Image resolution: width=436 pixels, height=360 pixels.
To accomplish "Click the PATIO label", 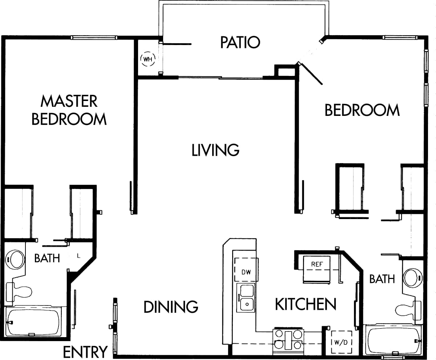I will tap(240, 42).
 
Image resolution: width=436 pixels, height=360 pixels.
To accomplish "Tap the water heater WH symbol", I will tap(148, 58).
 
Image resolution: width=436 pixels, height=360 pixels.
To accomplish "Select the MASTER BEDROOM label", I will tap(69, 110).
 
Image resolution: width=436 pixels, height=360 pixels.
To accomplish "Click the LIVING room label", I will tap(215, 150).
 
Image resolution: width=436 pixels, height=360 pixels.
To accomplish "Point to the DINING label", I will tap(171, 307).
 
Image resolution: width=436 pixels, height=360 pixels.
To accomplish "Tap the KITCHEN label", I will tap(305, 304).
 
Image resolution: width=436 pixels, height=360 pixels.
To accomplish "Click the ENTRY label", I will tap(85, 352).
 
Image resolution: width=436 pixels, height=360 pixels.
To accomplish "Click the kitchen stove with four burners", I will tap(288, 340).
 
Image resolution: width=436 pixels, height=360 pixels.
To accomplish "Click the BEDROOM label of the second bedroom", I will tap(362, 110).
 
